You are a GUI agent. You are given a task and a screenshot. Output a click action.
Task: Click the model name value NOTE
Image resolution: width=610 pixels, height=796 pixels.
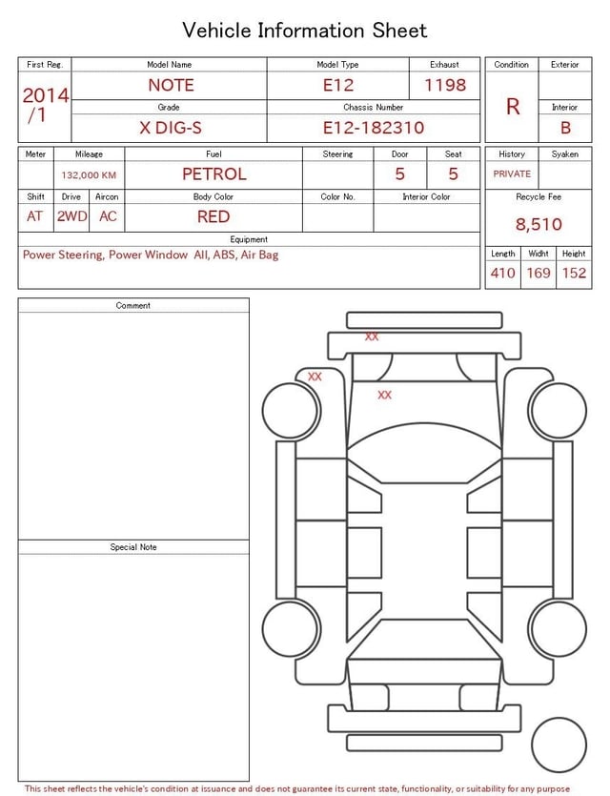pos(171,85)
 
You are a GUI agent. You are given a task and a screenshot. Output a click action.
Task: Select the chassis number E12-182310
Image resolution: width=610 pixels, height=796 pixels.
pos(374,128)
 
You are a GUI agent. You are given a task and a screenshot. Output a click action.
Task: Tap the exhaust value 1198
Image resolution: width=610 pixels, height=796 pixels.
pos(445,85)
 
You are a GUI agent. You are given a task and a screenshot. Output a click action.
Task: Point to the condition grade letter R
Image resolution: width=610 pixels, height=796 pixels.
pos(513,107)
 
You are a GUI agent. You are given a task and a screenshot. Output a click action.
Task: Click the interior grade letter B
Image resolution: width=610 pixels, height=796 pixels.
pos(565,128)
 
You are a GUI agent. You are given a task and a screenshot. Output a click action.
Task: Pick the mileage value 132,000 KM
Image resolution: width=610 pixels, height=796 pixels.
pos(89,175)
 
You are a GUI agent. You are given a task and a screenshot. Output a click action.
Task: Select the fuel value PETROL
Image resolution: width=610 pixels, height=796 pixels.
pos(214,174)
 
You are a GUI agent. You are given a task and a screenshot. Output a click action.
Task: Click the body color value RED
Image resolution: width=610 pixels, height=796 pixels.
pos(213,216)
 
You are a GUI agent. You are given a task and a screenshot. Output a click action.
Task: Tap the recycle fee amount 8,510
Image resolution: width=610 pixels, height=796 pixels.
pos(539,224)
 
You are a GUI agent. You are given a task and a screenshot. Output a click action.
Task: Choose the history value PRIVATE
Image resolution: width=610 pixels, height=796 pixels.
pos(512,173)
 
